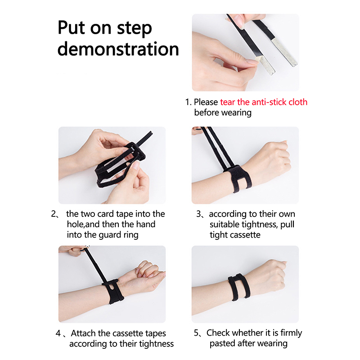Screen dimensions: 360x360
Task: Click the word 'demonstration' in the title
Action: click(118, 49)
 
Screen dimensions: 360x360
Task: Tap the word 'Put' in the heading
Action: click(72, 27)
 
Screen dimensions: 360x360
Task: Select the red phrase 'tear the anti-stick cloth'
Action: click(264, 102)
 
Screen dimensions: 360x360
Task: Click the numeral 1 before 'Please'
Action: click(187, 102)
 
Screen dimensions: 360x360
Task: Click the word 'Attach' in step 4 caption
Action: click(83, 333)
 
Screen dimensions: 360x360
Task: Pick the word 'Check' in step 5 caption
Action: click(217, 333)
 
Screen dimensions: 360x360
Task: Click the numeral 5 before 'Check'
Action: click(196, 333)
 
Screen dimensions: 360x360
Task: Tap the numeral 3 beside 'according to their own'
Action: click(198, 214)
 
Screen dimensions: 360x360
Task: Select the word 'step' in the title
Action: click(134, 28)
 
